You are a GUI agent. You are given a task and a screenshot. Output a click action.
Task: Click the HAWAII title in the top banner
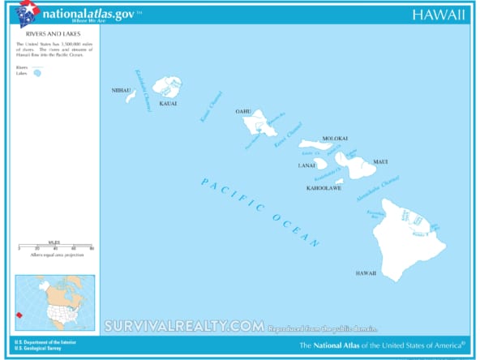[439, 15]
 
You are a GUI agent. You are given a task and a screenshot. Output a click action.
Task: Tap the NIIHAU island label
[121, 90]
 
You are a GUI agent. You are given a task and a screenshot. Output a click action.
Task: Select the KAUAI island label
[168, 104]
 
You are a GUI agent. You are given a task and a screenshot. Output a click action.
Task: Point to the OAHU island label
[243, 111]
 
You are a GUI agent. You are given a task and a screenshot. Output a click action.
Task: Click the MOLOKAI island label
[335, 139]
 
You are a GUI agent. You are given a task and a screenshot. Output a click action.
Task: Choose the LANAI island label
[306, 165]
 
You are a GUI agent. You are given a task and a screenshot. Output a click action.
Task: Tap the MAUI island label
[380, 162]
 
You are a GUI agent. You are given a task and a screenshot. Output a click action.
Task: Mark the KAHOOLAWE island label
[324, 188]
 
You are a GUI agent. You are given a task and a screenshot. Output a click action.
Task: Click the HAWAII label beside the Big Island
[366, 273]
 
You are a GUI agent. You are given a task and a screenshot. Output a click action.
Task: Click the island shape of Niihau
[131, 96]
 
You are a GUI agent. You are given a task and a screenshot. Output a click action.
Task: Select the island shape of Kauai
[169, 86]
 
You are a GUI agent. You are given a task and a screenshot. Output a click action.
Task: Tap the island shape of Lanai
[321, 163]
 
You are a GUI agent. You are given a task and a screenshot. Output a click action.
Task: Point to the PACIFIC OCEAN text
[259, 212]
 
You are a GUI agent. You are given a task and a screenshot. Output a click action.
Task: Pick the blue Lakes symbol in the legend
[37, 73]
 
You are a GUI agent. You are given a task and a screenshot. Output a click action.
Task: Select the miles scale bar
[55, 246]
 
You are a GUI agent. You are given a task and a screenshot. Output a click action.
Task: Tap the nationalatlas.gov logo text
[90, 14]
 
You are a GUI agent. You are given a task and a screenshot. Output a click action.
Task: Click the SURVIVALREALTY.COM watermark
[183, 326]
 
